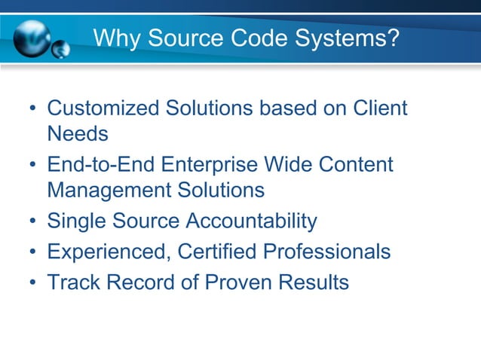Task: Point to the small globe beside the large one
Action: (x=60, y=50)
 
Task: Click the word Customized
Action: (x=101, y=108)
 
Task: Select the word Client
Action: (x=381, y=108)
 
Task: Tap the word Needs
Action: (x=78, y=134)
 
